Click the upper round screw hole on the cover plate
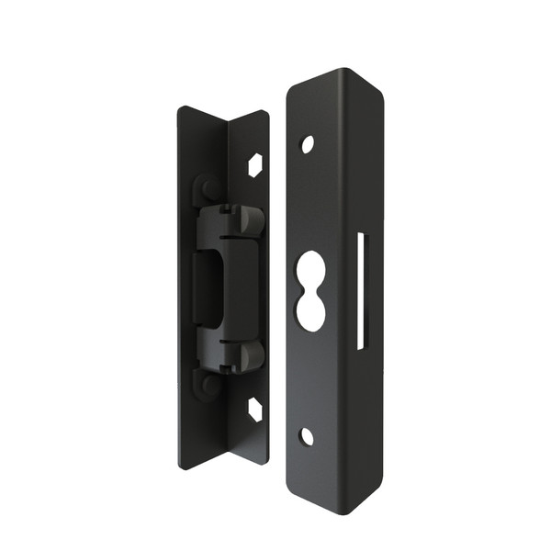point(307,144)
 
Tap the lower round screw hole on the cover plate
point(307,436)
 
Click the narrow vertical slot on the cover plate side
point(361,291)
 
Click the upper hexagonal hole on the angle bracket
point(255,164)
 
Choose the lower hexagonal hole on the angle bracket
point(254,410)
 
